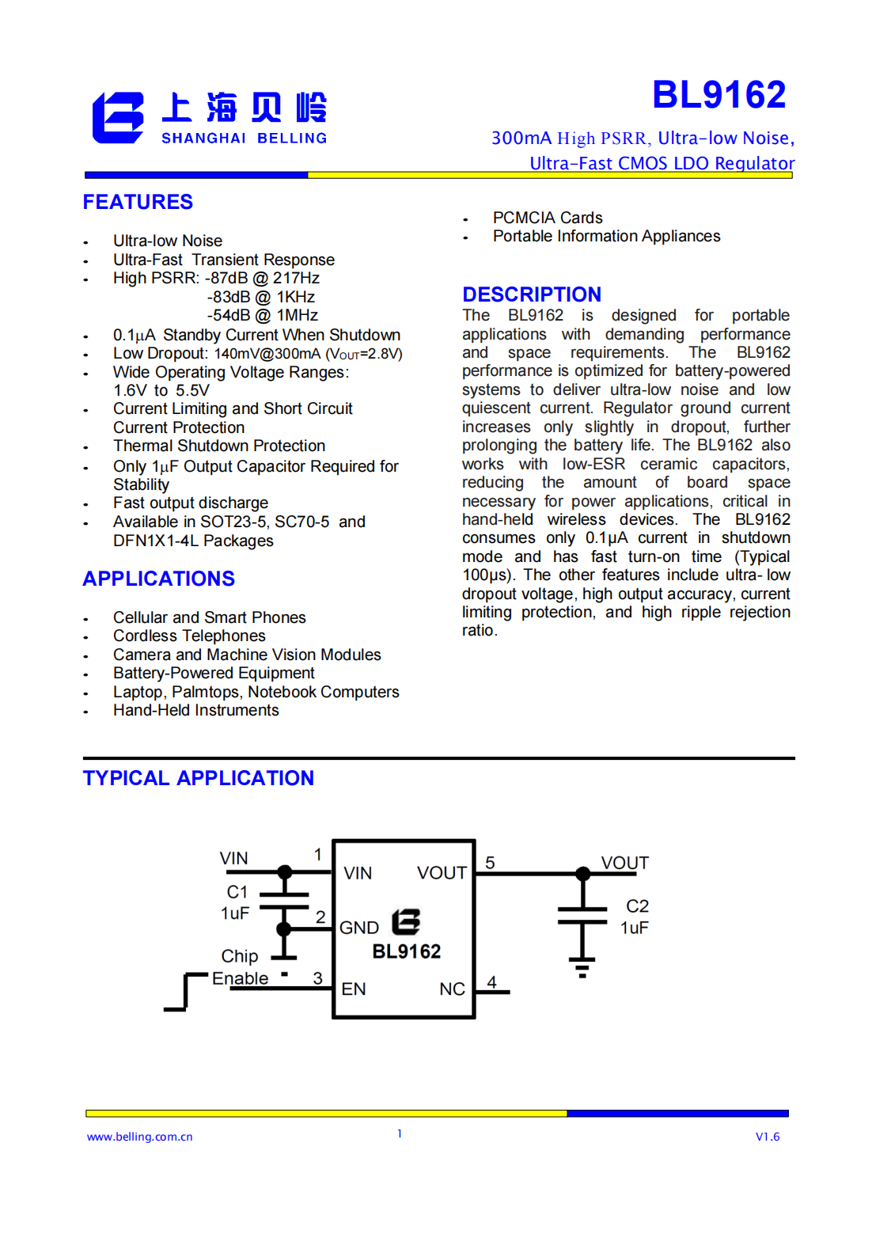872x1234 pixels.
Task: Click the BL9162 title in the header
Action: [x=718, y=95]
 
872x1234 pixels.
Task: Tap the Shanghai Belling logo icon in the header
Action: [x=118, y=118]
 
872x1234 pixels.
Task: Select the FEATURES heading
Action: [x=138, y=202]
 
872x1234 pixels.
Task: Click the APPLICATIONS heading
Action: [x=158, y=579]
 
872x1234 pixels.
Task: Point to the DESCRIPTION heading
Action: [x=532, y=294]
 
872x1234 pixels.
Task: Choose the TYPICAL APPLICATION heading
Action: [x=198, y=778]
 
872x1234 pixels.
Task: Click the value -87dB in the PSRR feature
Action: [x=226, y=278]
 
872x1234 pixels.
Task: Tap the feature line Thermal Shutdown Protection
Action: [x=219, y=446]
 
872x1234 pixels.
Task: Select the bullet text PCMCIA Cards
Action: [x=548, y=218]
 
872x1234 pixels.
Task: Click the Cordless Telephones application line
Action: [x=189, y=636]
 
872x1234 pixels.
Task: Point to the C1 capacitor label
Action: [x=237, y=892]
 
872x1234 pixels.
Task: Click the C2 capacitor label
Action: [x=637, y=906]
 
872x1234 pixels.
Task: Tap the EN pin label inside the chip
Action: [x=354, y=989]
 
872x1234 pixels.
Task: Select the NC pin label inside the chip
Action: [x=452, y=989]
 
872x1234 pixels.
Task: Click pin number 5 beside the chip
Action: [x=491, y=863]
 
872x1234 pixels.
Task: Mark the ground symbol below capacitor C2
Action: [x=582, y=968]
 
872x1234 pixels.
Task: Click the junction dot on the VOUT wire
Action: [x=583, y=874]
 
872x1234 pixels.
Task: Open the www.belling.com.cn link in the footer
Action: [x=140, y=1137]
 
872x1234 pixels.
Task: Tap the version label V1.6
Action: [x=767, y=1137]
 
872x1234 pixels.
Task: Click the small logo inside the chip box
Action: [x=406, y=921]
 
